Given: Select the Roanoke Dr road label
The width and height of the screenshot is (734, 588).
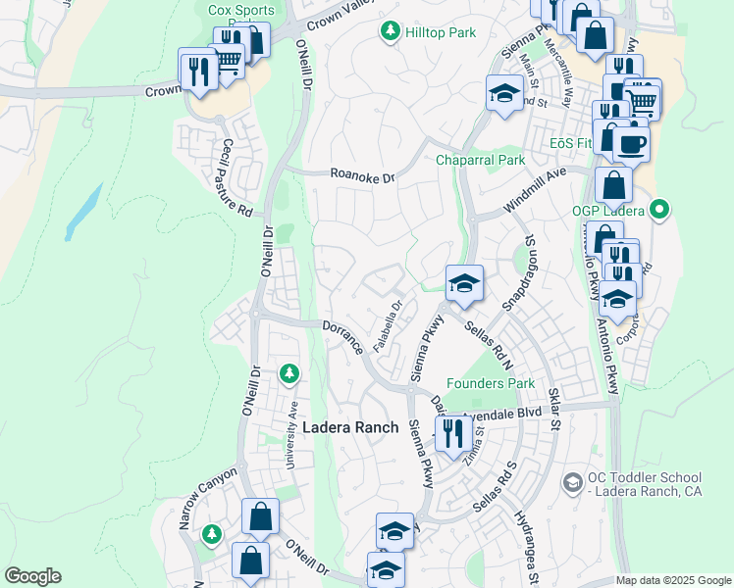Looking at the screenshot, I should [361, 177].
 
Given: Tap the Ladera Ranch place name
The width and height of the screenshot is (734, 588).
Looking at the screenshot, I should [350, 427].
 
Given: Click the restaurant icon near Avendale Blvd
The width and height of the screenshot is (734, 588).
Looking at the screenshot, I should [451, 431].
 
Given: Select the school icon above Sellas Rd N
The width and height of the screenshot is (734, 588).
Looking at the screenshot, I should [464, 285].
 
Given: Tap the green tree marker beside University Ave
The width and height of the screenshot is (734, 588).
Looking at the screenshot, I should [288, 372].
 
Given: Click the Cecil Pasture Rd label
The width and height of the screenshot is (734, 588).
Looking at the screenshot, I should [236, 177].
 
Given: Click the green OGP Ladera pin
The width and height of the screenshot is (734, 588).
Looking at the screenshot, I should [659, 208].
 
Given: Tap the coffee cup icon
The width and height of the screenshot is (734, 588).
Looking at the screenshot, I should [630, 144].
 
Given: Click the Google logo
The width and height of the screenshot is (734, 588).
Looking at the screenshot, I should [32, 576].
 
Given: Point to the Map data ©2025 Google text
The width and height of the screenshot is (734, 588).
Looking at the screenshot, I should [673, 580].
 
